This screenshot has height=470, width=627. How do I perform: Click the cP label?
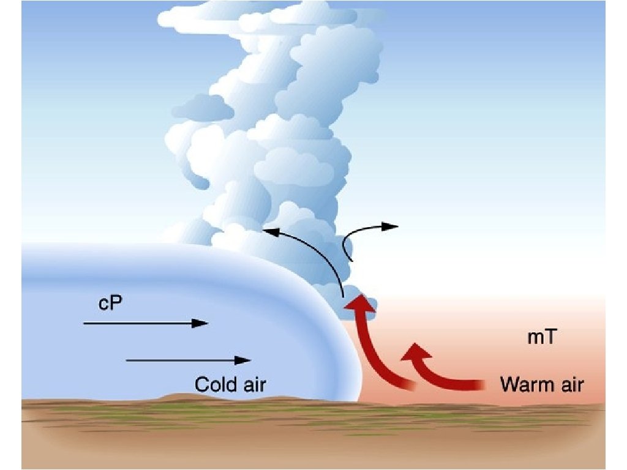[x=111, y=304]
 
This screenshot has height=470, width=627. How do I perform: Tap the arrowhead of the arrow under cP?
[x=201, y=323]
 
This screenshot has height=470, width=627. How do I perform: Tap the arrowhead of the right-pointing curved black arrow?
[x=392, y=226]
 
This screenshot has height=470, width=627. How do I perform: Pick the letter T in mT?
[x=549, y=337]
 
